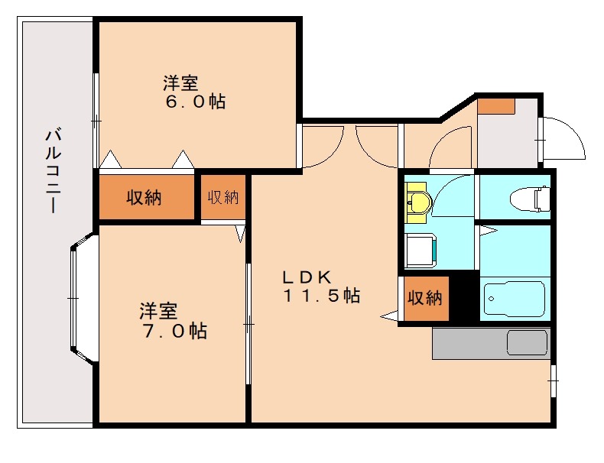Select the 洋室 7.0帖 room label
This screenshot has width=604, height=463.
[172, 321]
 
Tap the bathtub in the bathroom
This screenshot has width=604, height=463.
[514, 300]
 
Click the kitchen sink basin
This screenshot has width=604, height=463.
[528, 342]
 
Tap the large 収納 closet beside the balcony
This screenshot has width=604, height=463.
[145, 197]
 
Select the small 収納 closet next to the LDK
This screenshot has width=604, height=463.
[223, 197]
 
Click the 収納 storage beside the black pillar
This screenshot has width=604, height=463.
[424, 298]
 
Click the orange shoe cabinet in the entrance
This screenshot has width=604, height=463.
[497, 105]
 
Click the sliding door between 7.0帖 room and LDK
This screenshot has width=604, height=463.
[248, 324]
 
